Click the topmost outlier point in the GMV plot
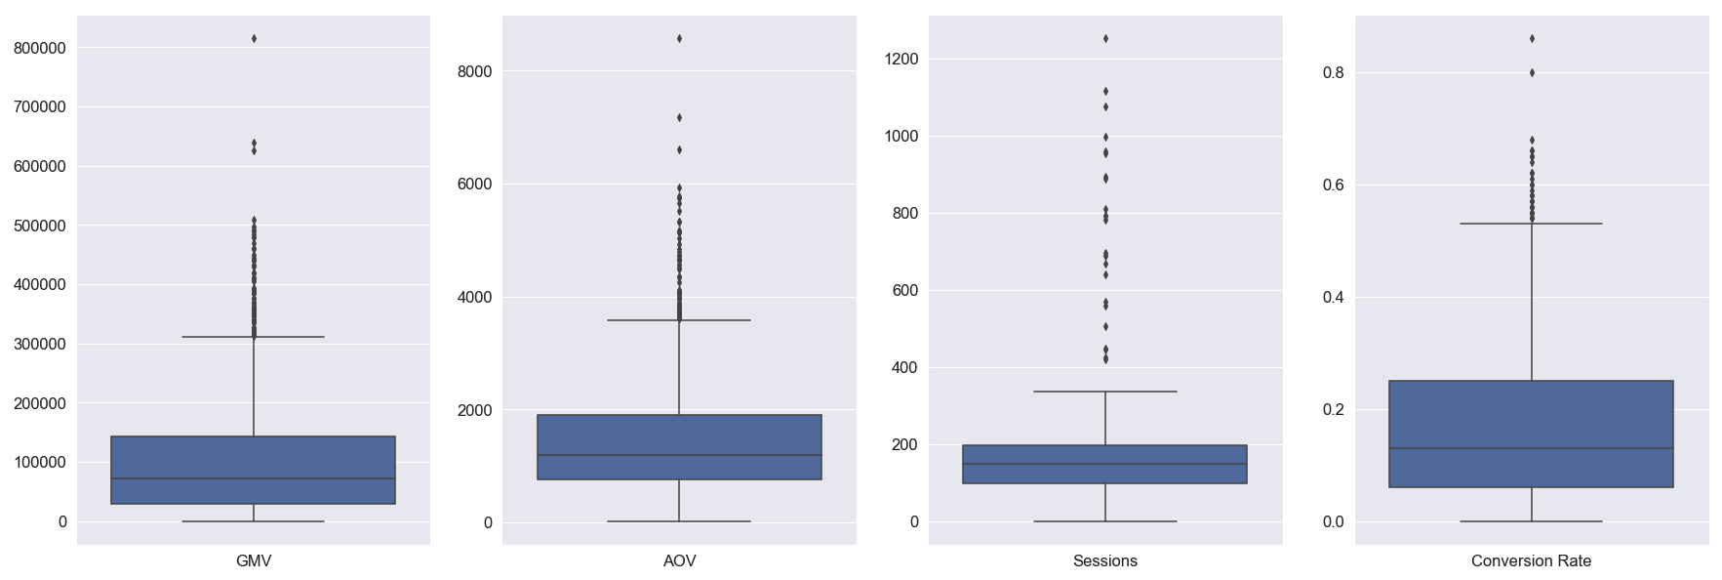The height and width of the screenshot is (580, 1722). click(254, 38)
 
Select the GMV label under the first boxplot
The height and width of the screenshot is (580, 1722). click(254, 561)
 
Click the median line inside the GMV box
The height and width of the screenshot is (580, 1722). click(254, 478)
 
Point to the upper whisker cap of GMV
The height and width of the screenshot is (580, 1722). click(254, 337)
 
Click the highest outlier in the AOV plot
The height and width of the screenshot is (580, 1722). click(679, 38)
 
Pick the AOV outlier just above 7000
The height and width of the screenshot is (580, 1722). click(679, 117)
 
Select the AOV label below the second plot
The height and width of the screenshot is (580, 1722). click(679, 561)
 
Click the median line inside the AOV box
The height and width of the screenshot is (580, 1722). click(679, 455)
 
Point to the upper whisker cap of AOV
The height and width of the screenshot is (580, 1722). click(679, 319)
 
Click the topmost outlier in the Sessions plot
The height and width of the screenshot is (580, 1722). click(1105, 38)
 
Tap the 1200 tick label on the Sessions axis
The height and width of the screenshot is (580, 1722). click(901, 60)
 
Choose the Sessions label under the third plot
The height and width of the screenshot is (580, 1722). click(1104, 561)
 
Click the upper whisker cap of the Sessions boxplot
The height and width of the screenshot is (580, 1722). click(1105, 392)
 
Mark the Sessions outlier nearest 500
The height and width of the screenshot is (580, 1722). click(1105, 326)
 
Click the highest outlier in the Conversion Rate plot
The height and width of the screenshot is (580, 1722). click(1532, 38)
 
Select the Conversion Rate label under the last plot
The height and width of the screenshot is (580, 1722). click(1531, 561)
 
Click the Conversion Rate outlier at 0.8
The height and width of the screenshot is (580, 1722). click(1532, 72)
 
